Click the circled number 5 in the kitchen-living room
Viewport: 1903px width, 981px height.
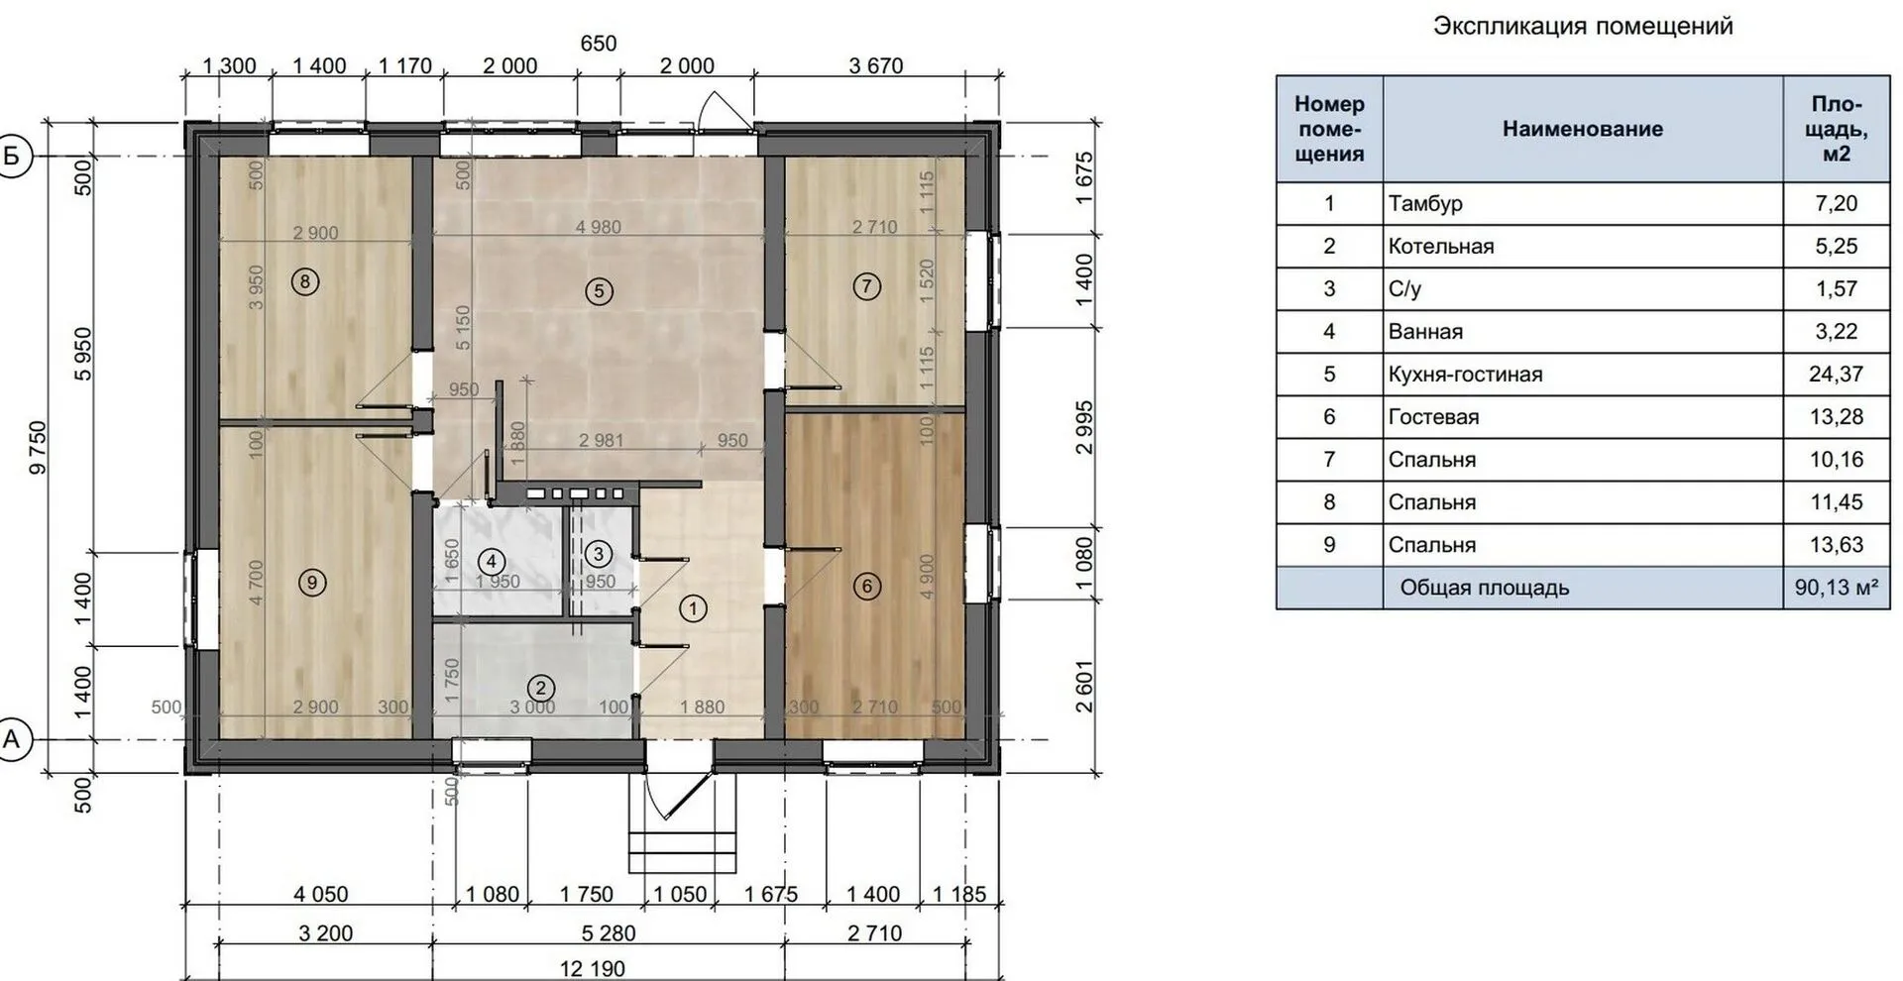pyautogui.click(x=599, y=291)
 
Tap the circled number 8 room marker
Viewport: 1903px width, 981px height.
pyautogui.click(x=304, y=282)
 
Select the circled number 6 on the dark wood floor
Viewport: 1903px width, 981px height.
pyautogui.click(x=867, y=586)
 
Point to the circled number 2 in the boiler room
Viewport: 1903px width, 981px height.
pyautogui.click(x=541, y=688)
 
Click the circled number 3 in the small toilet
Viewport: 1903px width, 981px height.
pyautogui.click(x=598, y=554)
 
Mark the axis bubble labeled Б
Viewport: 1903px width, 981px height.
pyautogui.click(x=13, y=156)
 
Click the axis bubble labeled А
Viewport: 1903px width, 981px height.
pyautogui.click(x=13, y=739)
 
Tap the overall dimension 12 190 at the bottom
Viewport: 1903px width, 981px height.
pyautogui.click(x=593, y=968)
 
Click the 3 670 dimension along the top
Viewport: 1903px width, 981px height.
pyautogui.click(x=876, y=66)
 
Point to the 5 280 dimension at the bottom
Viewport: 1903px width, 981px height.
pyautogui.click(x=609, y=933)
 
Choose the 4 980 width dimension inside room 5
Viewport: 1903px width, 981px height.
pyautogui.click(x=598, y=227)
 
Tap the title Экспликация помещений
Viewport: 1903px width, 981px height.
pyautogui.click(x=1583, y=27)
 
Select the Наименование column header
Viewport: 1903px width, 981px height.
pyautogui.click(x=1583, y=129)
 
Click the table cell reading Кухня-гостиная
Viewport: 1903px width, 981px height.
pyautogui.click(x=1465, y=375)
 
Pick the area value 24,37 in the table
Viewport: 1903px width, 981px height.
pyautogui.click(x=1837, y=375)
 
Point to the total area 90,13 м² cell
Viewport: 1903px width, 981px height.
pyautogui.click(x=1837, y=588)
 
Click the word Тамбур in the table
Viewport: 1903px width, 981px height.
pyautogui.click(x=1425, y=204)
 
